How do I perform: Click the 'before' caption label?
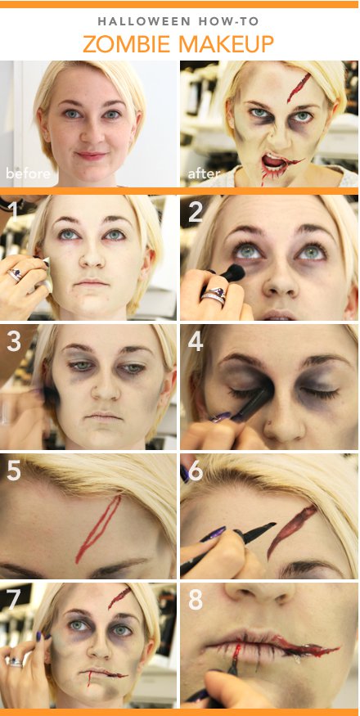(28, 173)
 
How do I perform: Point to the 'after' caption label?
(203, 173)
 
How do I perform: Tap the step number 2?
(196, 212)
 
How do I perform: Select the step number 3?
(14, 341)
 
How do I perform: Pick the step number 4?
(196, 341)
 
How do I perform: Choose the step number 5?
(14, 471)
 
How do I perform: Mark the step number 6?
(196, 471)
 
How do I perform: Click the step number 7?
(13, 600)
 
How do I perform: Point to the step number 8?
(196, 600)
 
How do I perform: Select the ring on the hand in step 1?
(16, 275)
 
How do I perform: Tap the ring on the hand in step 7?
(14, 663)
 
